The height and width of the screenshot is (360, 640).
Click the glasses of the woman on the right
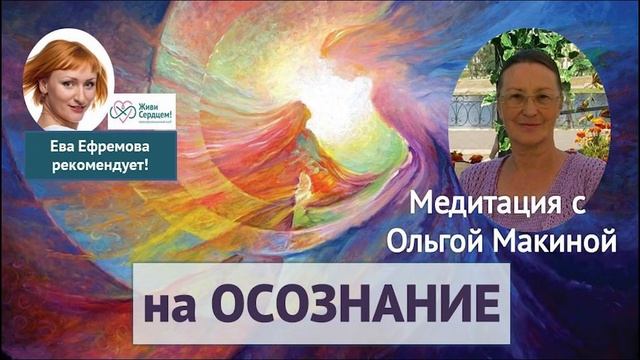(x=530, y=100)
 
